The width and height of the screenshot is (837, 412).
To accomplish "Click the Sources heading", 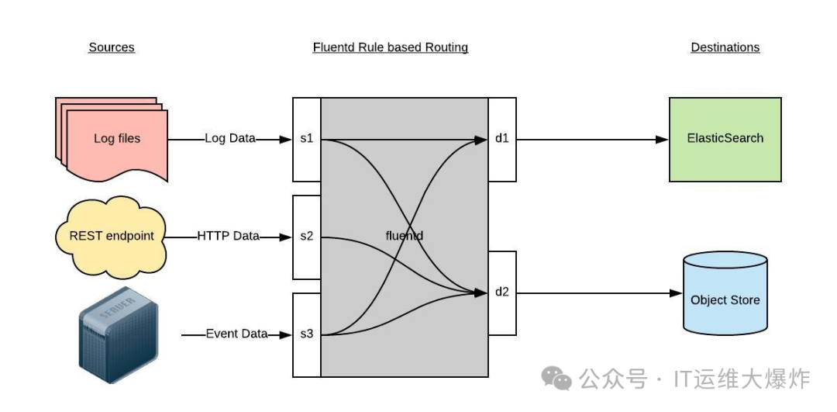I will coord(112,47).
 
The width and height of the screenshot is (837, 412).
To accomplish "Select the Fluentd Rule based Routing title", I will coord(391,47).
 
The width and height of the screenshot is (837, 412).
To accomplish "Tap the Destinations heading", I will coord(725,47).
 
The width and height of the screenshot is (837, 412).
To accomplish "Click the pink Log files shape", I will coord(116,138).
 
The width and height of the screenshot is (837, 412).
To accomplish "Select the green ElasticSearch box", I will coord(725,139).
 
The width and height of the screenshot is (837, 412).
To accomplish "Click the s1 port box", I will coord(307,140).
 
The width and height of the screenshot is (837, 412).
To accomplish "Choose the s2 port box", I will coord(307,237).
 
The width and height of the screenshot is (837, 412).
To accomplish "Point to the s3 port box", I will coord(307,334).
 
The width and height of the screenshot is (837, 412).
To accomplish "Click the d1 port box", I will coord(502,140).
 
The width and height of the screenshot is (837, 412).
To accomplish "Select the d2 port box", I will coord(502,293).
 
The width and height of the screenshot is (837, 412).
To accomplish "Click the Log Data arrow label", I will coord(230,139).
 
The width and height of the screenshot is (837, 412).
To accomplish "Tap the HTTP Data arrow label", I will coord(228,236).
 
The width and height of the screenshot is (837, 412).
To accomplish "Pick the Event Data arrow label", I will coord(236,334).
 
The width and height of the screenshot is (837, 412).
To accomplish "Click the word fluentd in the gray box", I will coord(404,236).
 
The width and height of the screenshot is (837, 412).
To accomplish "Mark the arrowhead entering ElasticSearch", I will coord(662,140).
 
